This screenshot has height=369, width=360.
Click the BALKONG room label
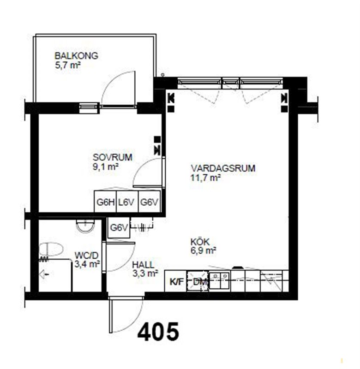(x=76, y=56)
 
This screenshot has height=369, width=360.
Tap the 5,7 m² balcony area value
(x=68, y=65)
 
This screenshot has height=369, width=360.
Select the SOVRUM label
(x=112, y=157)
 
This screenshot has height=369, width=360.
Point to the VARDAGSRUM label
(x=223, y=168)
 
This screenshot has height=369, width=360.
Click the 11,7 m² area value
(x=205, y=178)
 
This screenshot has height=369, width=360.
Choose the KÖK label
(x=200, y=242)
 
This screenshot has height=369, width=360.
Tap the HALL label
(x=143, y=265)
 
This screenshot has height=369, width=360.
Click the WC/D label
(x=86, y=256)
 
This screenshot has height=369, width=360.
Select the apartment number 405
(x=158, y=332)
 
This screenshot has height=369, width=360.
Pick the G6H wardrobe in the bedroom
(x=106, y=202)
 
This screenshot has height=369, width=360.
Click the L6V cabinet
(x=127, y=202)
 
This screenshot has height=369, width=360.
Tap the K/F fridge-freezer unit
(x=176, y=281)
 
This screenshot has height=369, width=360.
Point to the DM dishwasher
(x=198, y=281)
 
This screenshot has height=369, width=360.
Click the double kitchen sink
(x=219, y=280)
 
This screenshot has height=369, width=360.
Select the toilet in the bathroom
(x=51, y=250)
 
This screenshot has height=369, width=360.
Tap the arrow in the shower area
(x=44, y=274)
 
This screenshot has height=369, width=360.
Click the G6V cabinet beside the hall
(x=119, y=227)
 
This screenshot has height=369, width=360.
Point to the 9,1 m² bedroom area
(x=105, y=167)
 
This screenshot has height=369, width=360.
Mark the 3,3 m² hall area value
(x=145, y=274)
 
